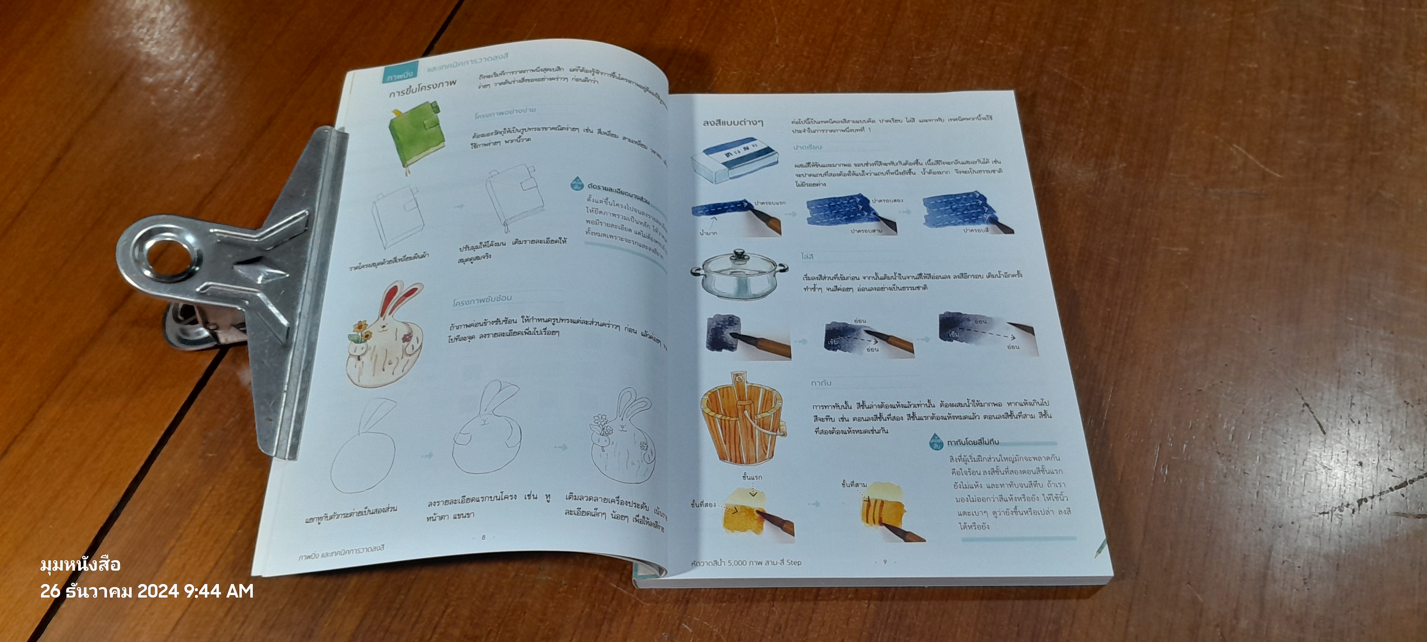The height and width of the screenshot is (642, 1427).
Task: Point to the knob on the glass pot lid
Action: tap(738, 256)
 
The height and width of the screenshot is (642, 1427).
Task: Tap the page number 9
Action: tap(885, 562)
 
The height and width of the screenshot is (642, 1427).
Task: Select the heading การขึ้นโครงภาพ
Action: tap(423, 88)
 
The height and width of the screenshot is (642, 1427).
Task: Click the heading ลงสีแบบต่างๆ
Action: tap(732, 122)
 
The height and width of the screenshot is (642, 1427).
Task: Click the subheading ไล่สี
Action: tap(807, 256)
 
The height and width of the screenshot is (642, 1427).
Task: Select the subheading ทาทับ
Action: tap(821, 383)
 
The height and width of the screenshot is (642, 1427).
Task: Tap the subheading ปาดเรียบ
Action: tap(807, 147)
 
